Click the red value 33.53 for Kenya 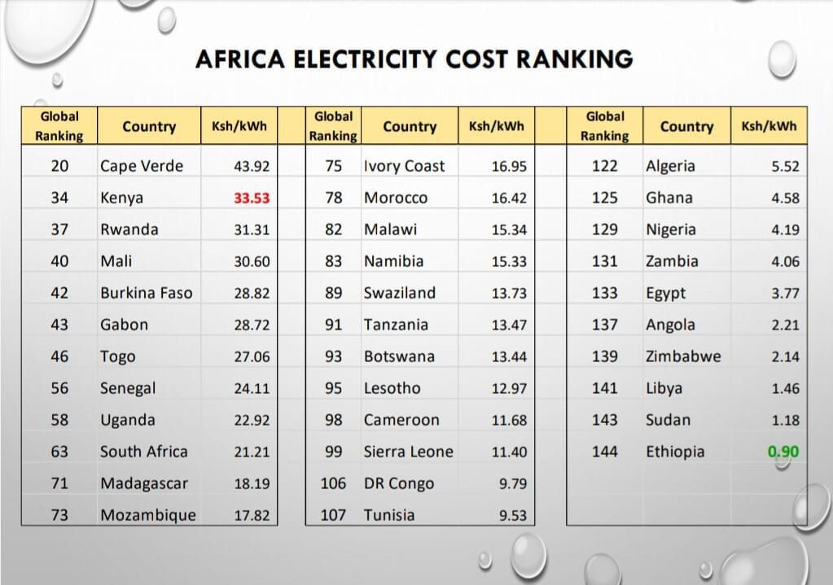(x=252, y=198)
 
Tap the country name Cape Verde (x=142, y=166)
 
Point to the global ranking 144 (x=604, y=452)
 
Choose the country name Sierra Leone (x=408, y=452)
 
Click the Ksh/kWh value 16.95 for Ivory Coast (x=509, y=167)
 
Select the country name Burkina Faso (x=147, y=293)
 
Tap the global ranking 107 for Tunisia (x=333, y=515)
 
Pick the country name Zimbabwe (x=683, y=356)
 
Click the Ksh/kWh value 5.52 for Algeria (x=785, y=167)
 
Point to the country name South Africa (x=143, y=452)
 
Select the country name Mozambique (x=148, y=515)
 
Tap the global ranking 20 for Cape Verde (x=59, y=166)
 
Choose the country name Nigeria (x=671, y=229)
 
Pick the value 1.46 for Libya (x=785, y=389)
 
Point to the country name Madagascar (x=144, y=483)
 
